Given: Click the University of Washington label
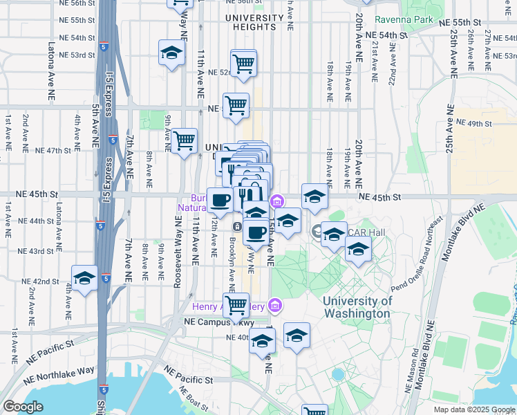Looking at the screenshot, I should pos(357,307).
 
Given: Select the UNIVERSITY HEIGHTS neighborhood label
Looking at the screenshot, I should pos(250,22).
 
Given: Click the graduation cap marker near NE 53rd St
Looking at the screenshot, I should pos(171,53).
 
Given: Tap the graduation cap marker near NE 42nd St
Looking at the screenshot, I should pos(84,279).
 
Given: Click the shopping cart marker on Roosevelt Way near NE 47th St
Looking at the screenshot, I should pos(184,141).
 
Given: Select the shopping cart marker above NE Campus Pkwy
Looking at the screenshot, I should pos(236,305).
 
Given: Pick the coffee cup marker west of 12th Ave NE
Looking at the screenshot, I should pos(220,201).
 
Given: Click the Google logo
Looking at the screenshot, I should pos(23,407).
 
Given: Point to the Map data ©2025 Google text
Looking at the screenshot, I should pos(473,409).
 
